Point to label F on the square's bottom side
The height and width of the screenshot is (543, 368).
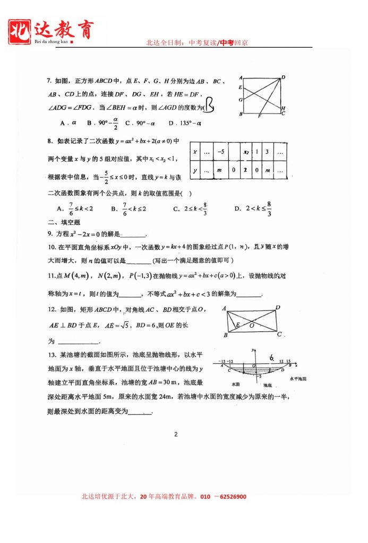[259, 116]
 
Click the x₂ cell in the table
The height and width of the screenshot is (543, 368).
[246, 152]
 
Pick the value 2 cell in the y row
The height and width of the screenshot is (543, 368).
[246, 170]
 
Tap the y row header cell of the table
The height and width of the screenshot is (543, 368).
[195, 170]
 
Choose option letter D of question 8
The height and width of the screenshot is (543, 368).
[237, 208]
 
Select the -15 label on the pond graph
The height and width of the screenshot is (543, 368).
[222, 361]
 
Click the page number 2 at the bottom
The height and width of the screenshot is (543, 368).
[176, 435]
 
